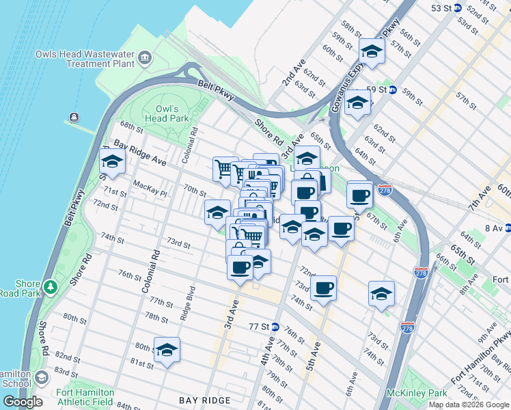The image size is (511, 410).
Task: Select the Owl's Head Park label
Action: [167, 113]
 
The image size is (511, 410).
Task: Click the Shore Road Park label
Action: [27, 289]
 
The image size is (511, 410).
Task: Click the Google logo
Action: [23, 401]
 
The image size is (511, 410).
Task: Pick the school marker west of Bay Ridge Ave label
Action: [112, 163]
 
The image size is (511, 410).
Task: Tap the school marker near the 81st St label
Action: [167, 348]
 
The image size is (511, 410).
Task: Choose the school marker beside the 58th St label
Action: [372, 51]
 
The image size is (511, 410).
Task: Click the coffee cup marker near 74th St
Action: [323, 287]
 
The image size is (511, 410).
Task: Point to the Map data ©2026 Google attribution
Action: [468, 405]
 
